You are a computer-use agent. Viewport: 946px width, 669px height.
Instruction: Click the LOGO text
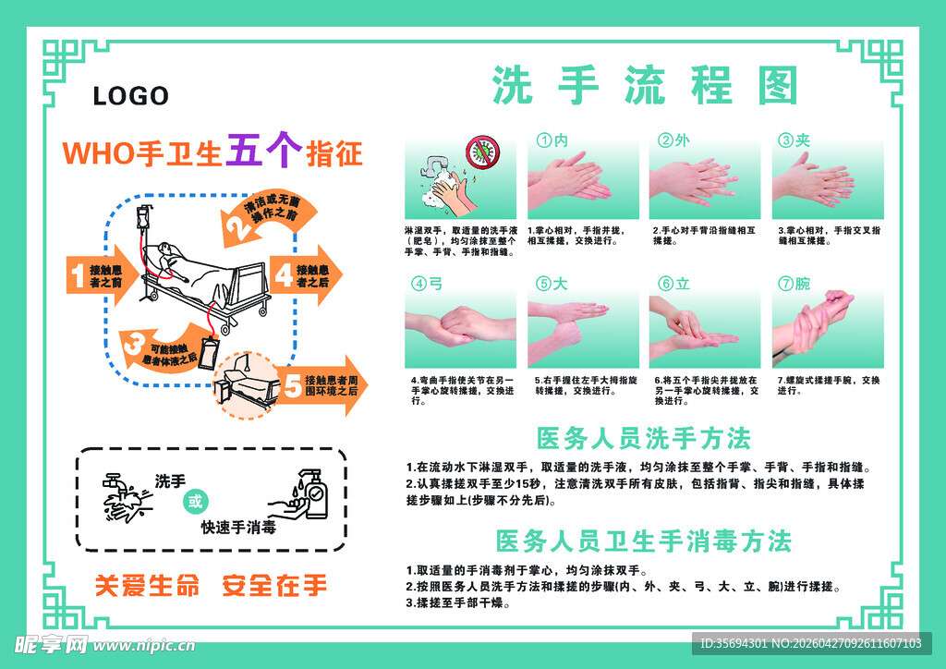[x=131, y=96]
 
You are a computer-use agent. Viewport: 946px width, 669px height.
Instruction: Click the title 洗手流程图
[x=644, y=86]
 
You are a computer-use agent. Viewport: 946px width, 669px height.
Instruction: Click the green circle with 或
[x=194, y=503]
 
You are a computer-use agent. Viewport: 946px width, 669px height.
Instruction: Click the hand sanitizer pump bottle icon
[x=311, y=496]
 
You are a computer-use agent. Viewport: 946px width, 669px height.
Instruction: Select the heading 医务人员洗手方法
[x=643, y=437]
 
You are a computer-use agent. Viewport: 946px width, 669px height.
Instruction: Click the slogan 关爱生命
[x=147, y=585]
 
